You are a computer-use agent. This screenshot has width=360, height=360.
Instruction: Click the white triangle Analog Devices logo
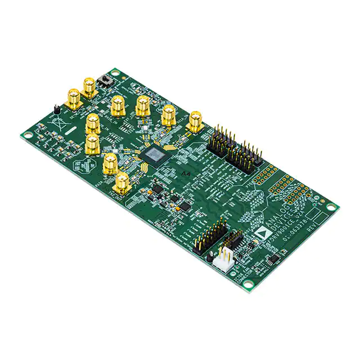pyautogui.click(x=260, y=230)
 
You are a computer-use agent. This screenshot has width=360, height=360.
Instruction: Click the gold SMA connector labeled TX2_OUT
pyautogui.click(x=121, y=183)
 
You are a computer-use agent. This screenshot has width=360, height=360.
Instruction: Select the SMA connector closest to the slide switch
pyautogui.click(x=89, y=87)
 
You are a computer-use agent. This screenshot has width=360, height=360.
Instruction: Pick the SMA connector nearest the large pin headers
pyautogui.click(x=195, y=121)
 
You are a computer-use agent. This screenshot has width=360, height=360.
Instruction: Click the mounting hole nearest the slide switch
pyautogui.click(x=115, y=72)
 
